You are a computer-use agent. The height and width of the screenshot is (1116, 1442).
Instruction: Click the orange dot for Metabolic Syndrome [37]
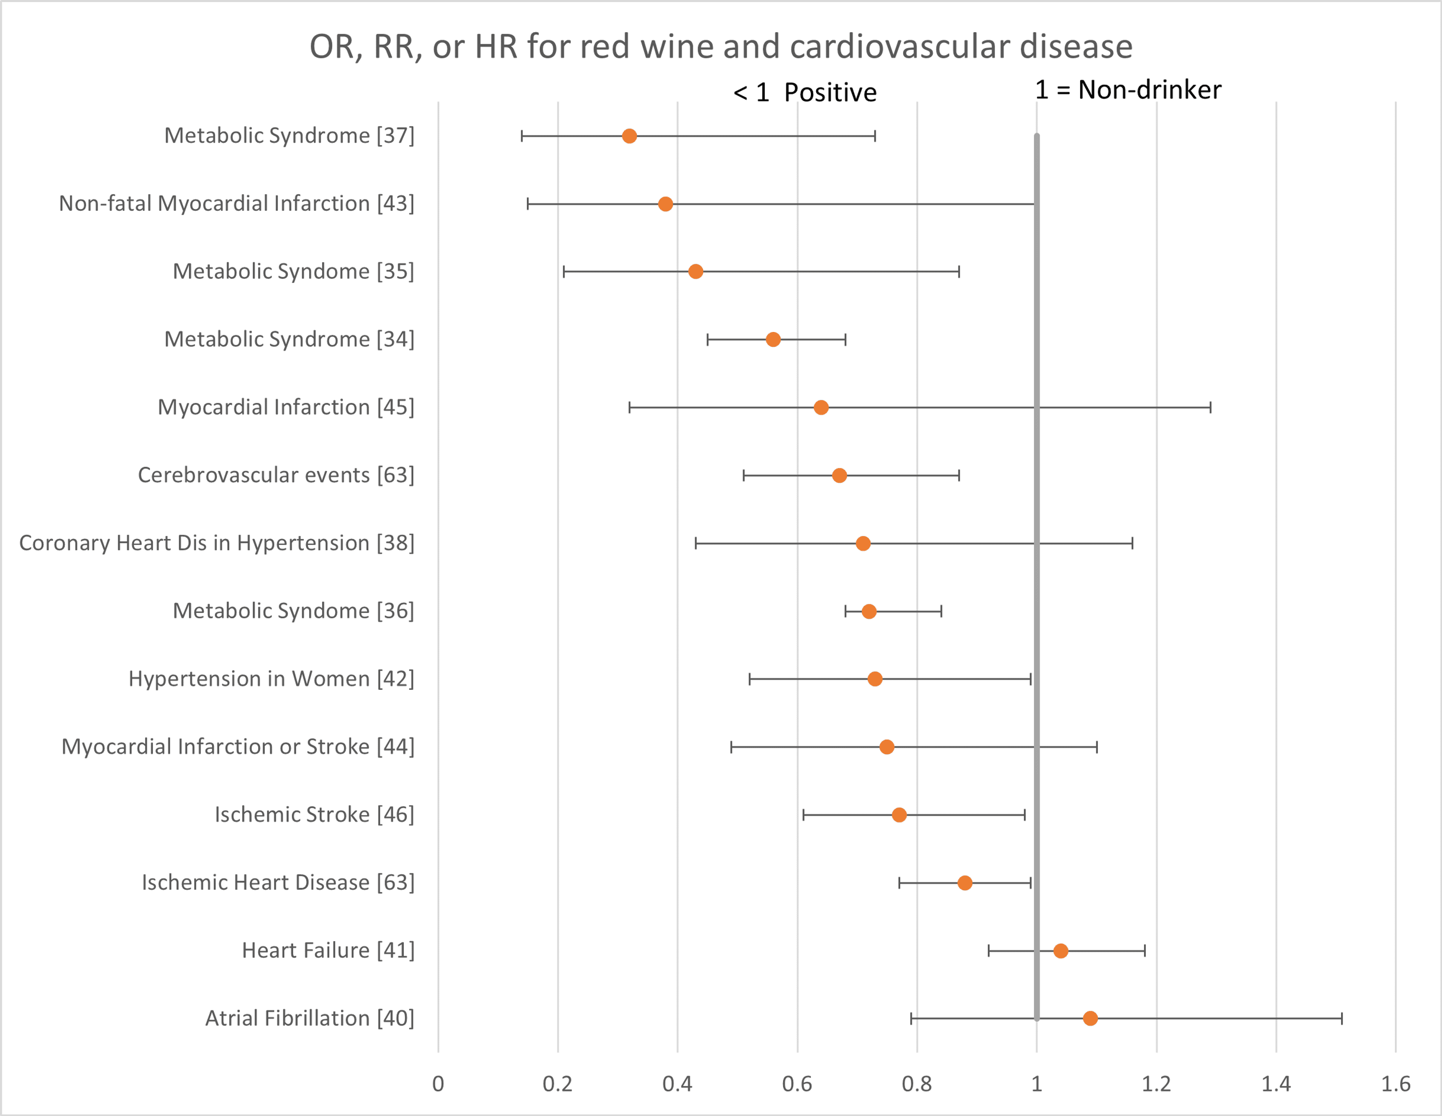click(x=629, y=136)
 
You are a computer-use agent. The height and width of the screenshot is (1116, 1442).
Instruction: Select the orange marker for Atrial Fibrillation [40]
click(x=1090, y=1018)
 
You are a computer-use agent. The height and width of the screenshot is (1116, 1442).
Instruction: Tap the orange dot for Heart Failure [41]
click(x=1060, y=950)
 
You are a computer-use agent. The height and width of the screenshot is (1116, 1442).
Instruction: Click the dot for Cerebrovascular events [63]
click(x=839, y=475)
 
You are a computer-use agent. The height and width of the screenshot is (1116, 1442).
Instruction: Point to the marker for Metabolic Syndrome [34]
click(x=773, y=339)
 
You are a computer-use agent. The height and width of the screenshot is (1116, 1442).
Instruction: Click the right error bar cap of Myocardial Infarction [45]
click(x=1210, y=407)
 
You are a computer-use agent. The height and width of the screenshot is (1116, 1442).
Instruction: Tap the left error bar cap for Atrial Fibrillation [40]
click(x=911, y=1018)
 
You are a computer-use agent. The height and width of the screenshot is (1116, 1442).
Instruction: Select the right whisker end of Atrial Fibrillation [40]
click(x=1342, y=1018)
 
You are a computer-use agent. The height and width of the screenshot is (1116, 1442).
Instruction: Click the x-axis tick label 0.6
click(x=797, y=1084)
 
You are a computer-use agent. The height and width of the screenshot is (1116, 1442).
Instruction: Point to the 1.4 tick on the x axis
click(x=1276, y=1084)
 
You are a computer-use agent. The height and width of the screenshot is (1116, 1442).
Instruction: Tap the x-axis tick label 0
click(x=438, y=1084)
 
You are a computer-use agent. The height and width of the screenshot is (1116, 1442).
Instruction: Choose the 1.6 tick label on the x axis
click(x=1396, y=1084)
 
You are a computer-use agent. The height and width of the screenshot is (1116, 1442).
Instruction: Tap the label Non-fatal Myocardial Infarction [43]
click(x=236, y=203)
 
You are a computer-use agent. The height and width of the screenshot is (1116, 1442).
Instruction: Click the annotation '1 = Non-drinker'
click(x=1128, y=90)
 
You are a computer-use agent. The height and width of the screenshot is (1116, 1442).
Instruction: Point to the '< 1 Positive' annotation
click(x=805, y=92)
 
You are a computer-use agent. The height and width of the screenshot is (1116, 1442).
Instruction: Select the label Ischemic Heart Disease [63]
click(x=278, y=883)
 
